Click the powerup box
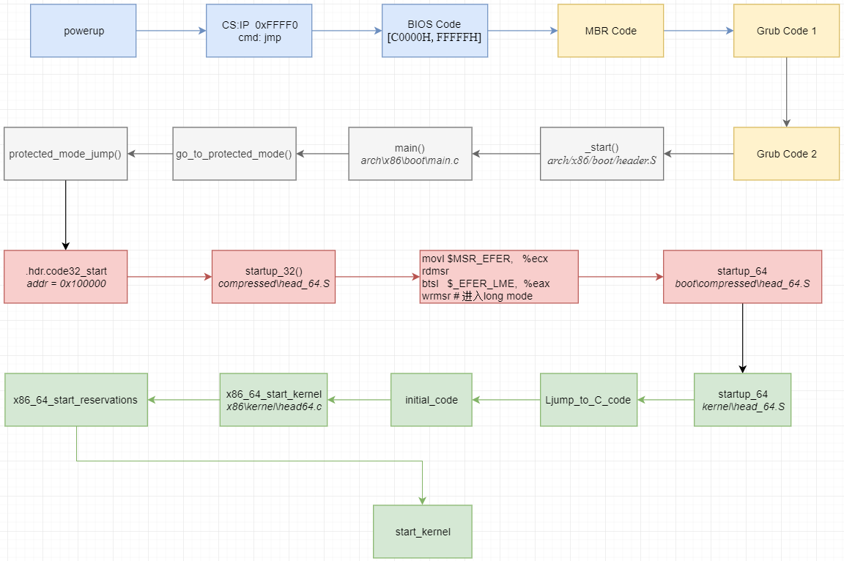[x=83, y=31]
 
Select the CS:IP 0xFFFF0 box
[x=259, y=31]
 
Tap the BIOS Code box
[x=434, y=31]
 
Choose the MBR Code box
[x=610, y=31]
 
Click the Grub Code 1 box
[x=786, y=31]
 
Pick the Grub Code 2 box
[x=786, y=154]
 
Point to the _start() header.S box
[x=601, y=154]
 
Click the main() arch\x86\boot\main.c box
[x=410, y=154]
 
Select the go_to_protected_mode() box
[x=234, y=154]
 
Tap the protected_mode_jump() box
[x=65, y=154]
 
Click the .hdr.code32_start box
[x=65, y=277]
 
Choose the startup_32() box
[x=273, y=277]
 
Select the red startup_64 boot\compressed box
[x=742, y=277]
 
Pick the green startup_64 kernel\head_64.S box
[x=742, y=400]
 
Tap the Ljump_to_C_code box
[x=588, y=400]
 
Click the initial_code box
[x=431, y=400]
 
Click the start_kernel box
[x=422, y=532]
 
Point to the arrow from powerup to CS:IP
[x=170, y=31]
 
